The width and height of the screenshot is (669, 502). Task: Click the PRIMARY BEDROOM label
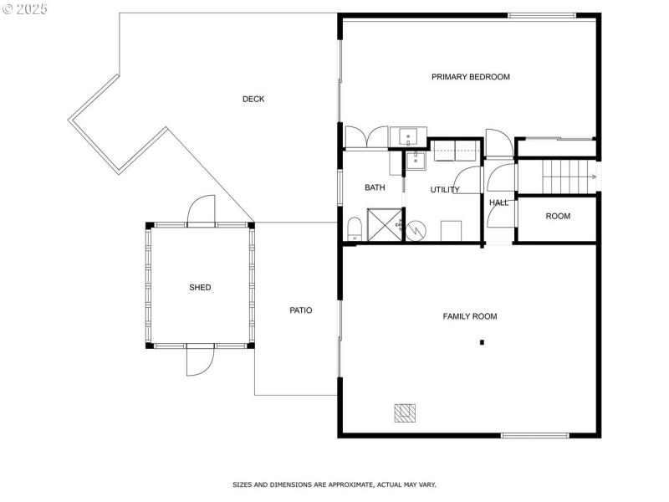(x=470, y=77)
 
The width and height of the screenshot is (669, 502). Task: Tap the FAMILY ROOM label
(x=469, y=316)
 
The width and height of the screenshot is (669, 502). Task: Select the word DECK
(x=253, y=99)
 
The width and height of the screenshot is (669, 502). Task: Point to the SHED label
(x=200, y=287)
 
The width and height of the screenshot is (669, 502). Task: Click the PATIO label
(x=301, y=310)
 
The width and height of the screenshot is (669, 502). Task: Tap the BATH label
(x=375, y=187)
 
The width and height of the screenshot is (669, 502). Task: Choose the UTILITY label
(x=445, y=190)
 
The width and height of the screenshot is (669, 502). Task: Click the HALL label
(x=498, y=202)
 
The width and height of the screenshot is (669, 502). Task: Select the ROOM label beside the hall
(x=558, y=216)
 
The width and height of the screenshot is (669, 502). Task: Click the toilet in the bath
(x=354, y=228)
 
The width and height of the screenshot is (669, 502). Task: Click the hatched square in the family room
(x=406, y=412)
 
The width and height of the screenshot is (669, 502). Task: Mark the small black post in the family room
(x=482, y=341)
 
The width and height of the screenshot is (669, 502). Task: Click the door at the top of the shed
(x=201, y=212)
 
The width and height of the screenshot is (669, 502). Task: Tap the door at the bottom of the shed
(x=200, y=361)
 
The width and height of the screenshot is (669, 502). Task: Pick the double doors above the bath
(x=366, y=138)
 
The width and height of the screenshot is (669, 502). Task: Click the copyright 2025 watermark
(x=25, y=9)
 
